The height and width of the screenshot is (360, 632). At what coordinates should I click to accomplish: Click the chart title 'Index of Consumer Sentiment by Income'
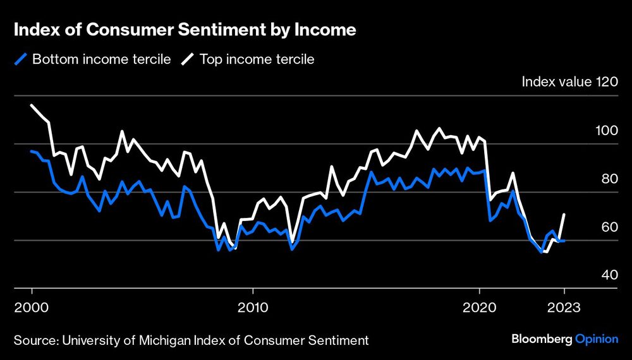click(x=185, y=30)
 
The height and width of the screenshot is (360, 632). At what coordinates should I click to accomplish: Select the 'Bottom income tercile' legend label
click(x=101, y=60)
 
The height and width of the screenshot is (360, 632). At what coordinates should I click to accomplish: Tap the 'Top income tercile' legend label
click(x=257, y=60)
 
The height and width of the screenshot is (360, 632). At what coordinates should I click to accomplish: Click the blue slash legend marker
click(x=21, y=60)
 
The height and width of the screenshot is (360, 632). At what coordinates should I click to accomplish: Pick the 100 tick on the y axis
click(x=605, y=131)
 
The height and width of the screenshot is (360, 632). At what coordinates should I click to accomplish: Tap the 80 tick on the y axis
click(x=608, y=179)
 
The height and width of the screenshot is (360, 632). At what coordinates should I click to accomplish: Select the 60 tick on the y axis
click(x=608, y=227)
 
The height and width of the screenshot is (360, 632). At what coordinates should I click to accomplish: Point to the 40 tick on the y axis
click(x=608, y=275)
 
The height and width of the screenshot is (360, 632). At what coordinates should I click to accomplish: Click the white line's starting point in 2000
click(x=32, y=105)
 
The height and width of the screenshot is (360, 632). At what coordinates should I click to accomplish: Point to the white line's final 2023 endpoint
click(x=564, y=215)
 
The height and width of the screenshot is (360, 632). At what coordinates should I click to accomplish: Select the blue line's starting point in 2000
click(x=32, y=151)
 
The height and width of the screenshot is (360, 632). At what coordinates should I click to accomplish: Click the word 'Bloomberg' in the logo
click(x=540, y=340)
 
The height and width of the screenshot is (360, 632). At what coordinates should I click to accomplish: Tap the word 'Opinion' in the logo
click(x=597, y=340)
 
